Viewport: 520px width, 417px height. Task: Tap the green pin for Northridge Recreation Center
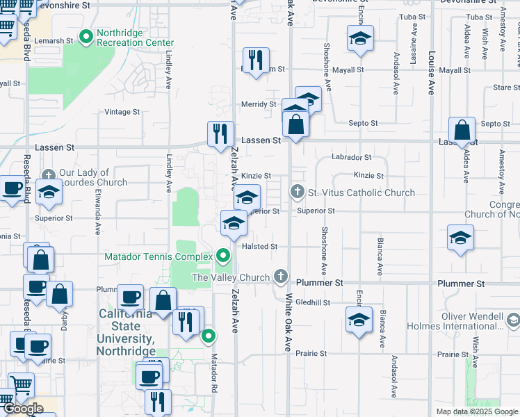point(86,37)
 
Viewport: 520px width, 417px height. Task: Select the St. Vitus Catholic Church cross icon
point(298,191)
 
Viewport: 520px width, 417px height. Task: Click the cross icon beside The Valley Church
point(281,277)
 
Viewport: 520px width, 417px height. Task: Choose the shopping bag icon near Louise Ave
point(462,130)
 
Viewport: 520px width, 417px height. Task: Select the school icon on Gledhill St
point(359,320)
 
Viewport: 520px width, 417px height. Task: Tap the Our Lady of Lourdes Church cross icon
point(49,176)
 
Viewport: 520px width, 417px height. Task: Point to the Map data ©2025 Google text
point(476,411)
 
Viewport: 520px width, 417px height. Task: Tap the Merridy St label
point(258,104)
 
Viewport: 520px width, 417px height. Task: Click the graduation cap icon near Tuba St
point(360,39)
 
